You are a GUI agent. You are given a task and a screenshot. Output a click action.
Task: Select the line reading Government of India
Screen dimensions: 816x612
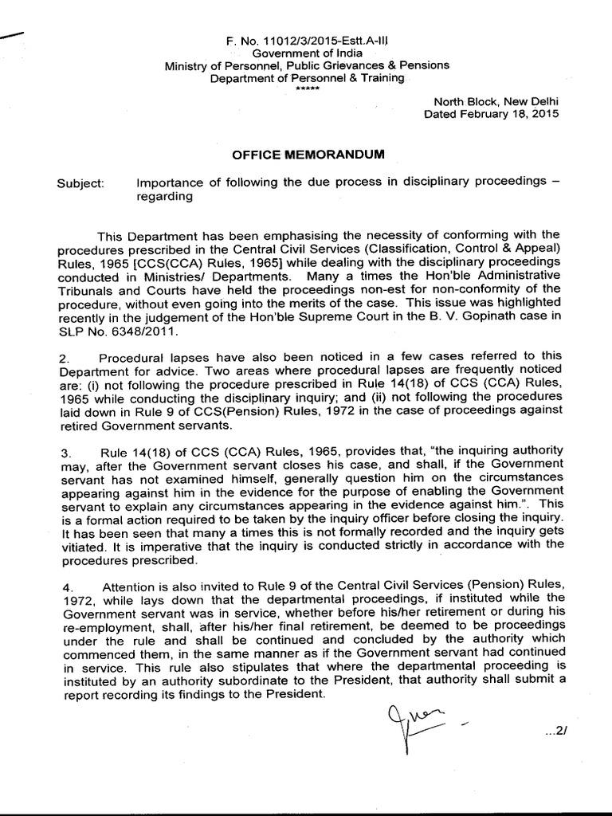tap(308, 52)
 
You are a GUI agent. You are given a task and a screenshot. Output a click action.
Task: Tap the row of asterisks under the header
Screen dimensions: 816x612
tap(308, 88)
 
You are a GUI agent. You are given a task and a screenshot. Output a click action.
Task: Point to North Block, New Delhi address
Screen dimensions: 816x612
tap(496, 100)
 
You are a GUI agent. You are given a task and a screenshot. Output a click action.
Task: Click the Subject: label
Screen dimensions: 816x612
tap(80, 183)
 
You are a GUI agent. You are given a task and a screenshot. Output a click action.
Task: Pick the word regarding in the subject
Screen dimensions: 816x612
tap(165, 197)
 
